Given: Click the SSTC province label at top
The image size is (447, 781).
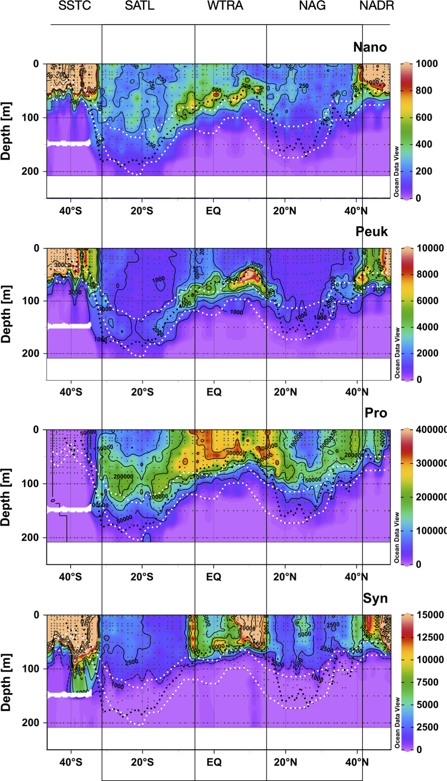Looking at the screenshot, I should click(x=75, y=6).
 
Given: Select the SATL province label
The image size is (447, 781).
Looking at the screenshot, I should click(x=140, y=6).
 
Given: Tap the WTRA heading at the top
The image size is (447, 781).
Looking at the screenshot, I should click(x=225, y=6).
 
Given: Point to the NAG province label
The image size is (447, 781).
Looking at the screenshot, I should click(x=312, y=6).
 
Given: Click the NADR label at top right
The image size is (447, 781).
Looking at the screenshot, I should click(x=377, y=6).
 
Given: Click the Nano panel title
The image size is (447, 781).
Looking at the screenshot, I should click(x=370, y=47).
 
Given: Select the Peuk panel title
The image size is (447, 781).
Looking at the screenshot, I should click(x=371, y=232).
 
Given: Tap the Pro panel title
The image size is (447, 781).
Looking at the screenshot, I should click(x=376, y=413).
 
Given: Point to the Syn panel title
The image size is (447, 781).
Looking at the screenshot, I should click(x=375, y=598).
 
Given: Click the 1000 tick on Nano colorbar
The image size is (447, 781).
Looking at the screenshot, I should click(x=426, y=64).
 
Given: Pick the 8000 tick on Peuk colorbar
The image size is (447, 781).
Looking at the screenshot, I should click(x=428, y=274).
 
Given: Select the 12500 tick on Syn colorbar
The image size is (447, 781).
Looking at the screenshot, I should click(x=430, y=637).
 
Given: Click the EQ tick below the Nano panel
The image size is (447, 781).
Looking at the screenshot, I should click(x=213, y=211).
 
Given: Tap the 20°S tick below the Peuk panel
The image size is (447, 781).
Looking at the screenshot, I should click(x=142, y=392).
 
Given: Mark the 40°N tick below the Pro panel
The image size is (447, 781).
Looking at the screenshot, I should click(x=357, y=577).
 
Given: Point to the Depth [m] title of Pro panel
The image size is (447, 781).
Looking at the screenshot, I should click(x=6, y=497).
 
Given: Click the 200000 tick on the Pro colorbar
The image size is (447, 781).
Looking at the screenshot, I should click(x=430, y=497).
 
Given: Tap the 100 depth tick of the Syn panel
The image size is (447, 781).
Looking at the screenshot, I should click(x=31, y=669).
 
